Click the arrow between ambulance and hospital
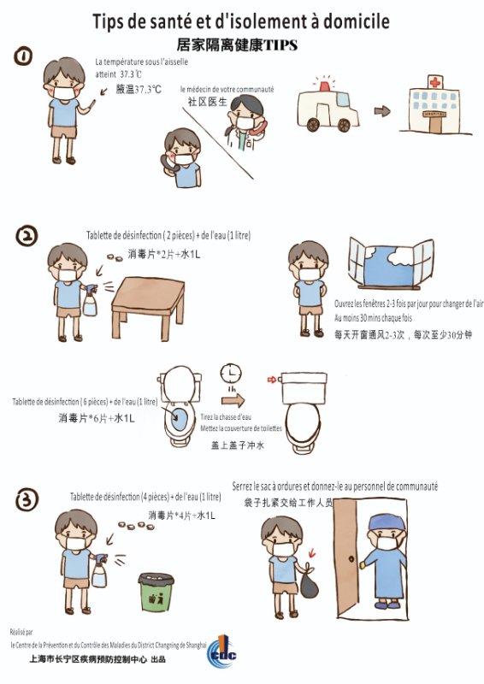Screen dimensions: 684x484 pos(382,110)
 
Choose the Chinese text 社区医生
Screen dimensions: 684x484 pos(207,101)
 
